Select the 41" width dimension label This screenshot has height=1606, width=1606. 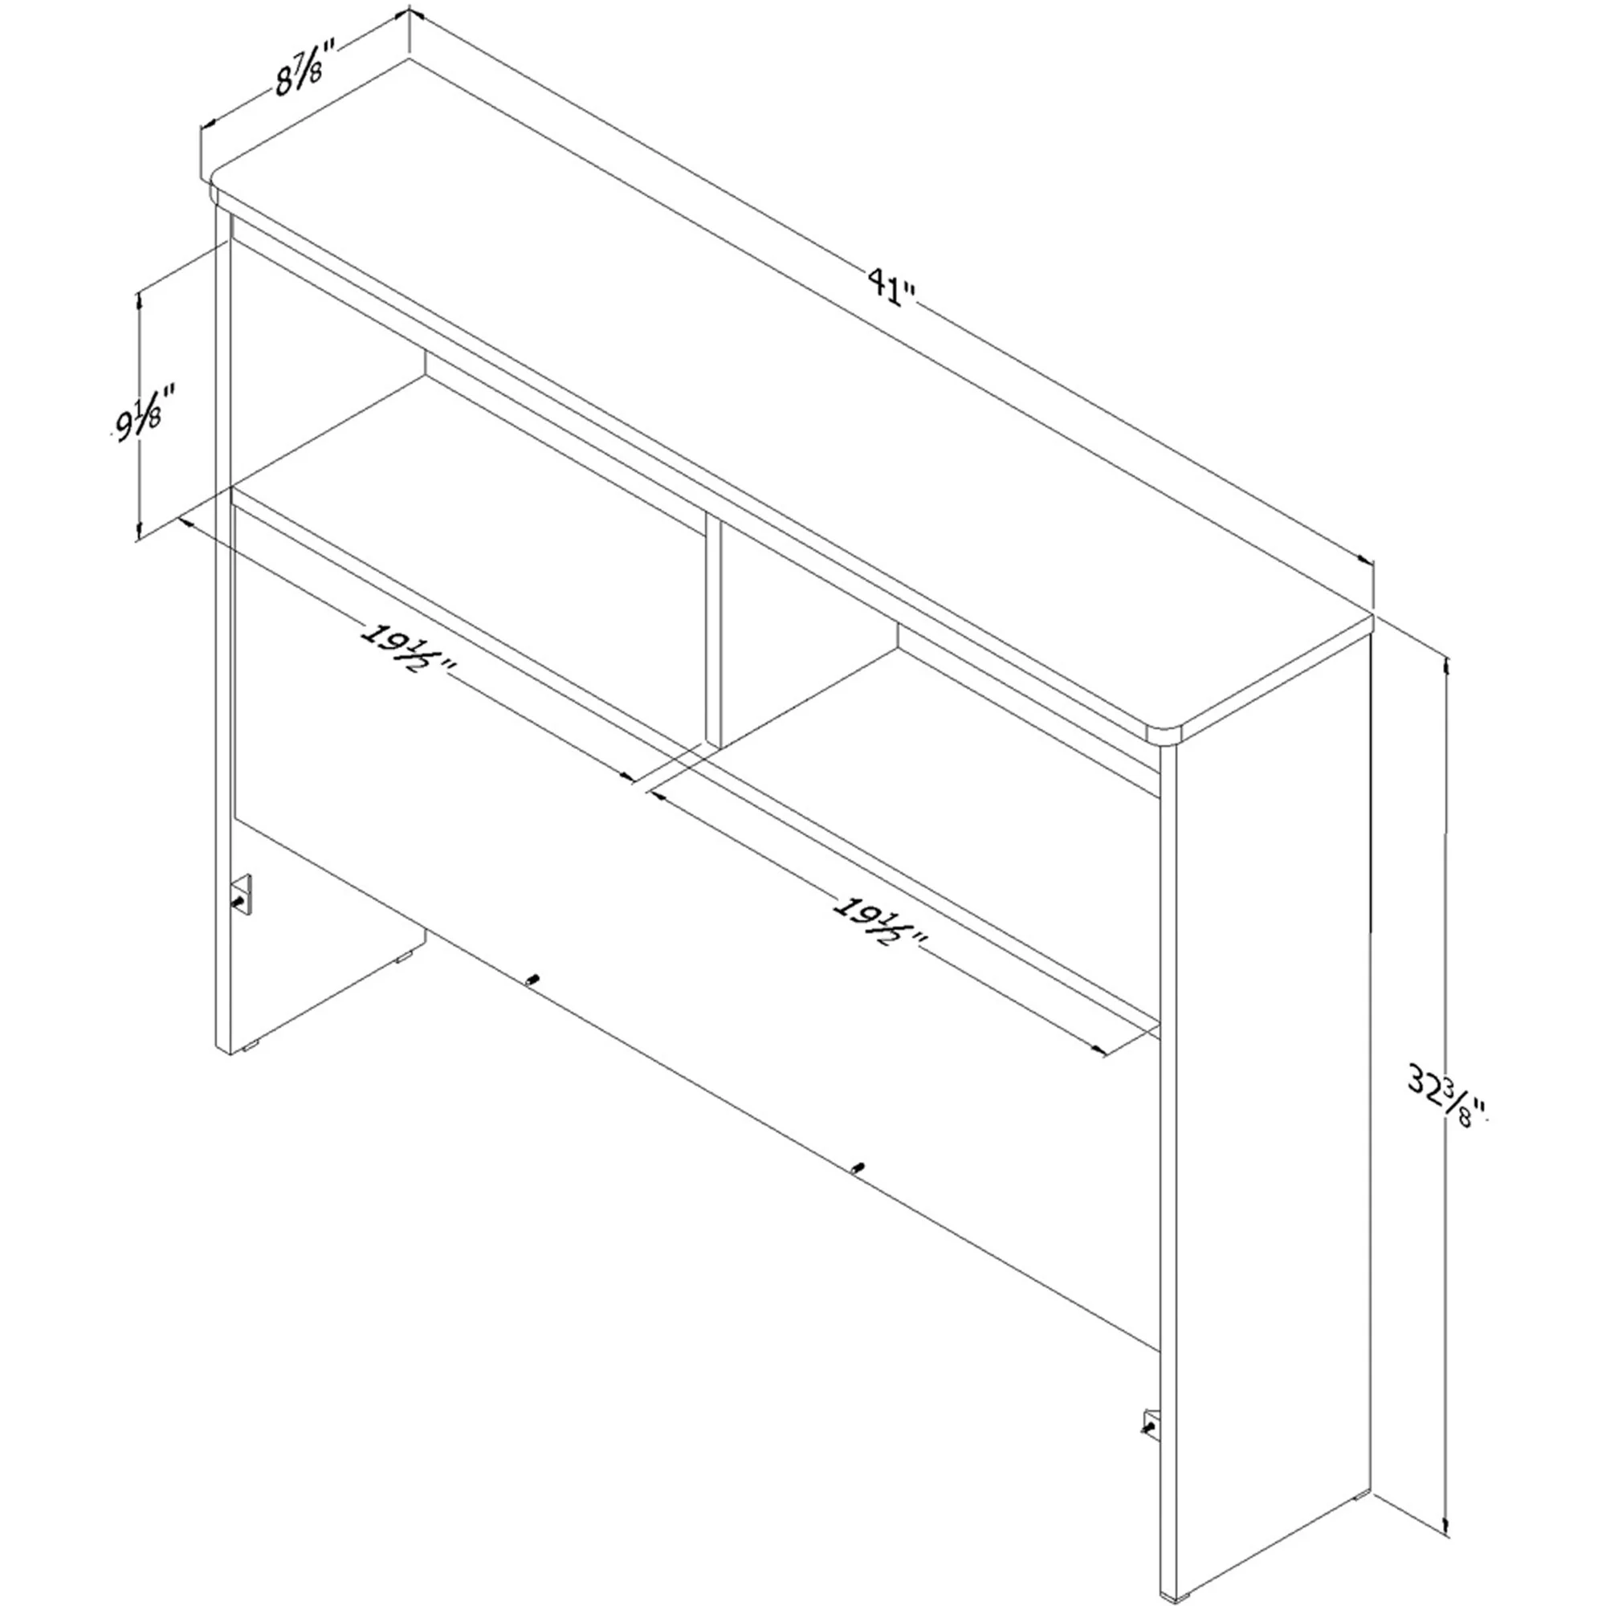point(891,287)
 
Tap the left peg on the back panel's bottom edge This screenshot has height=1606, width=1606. point(532,982)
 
